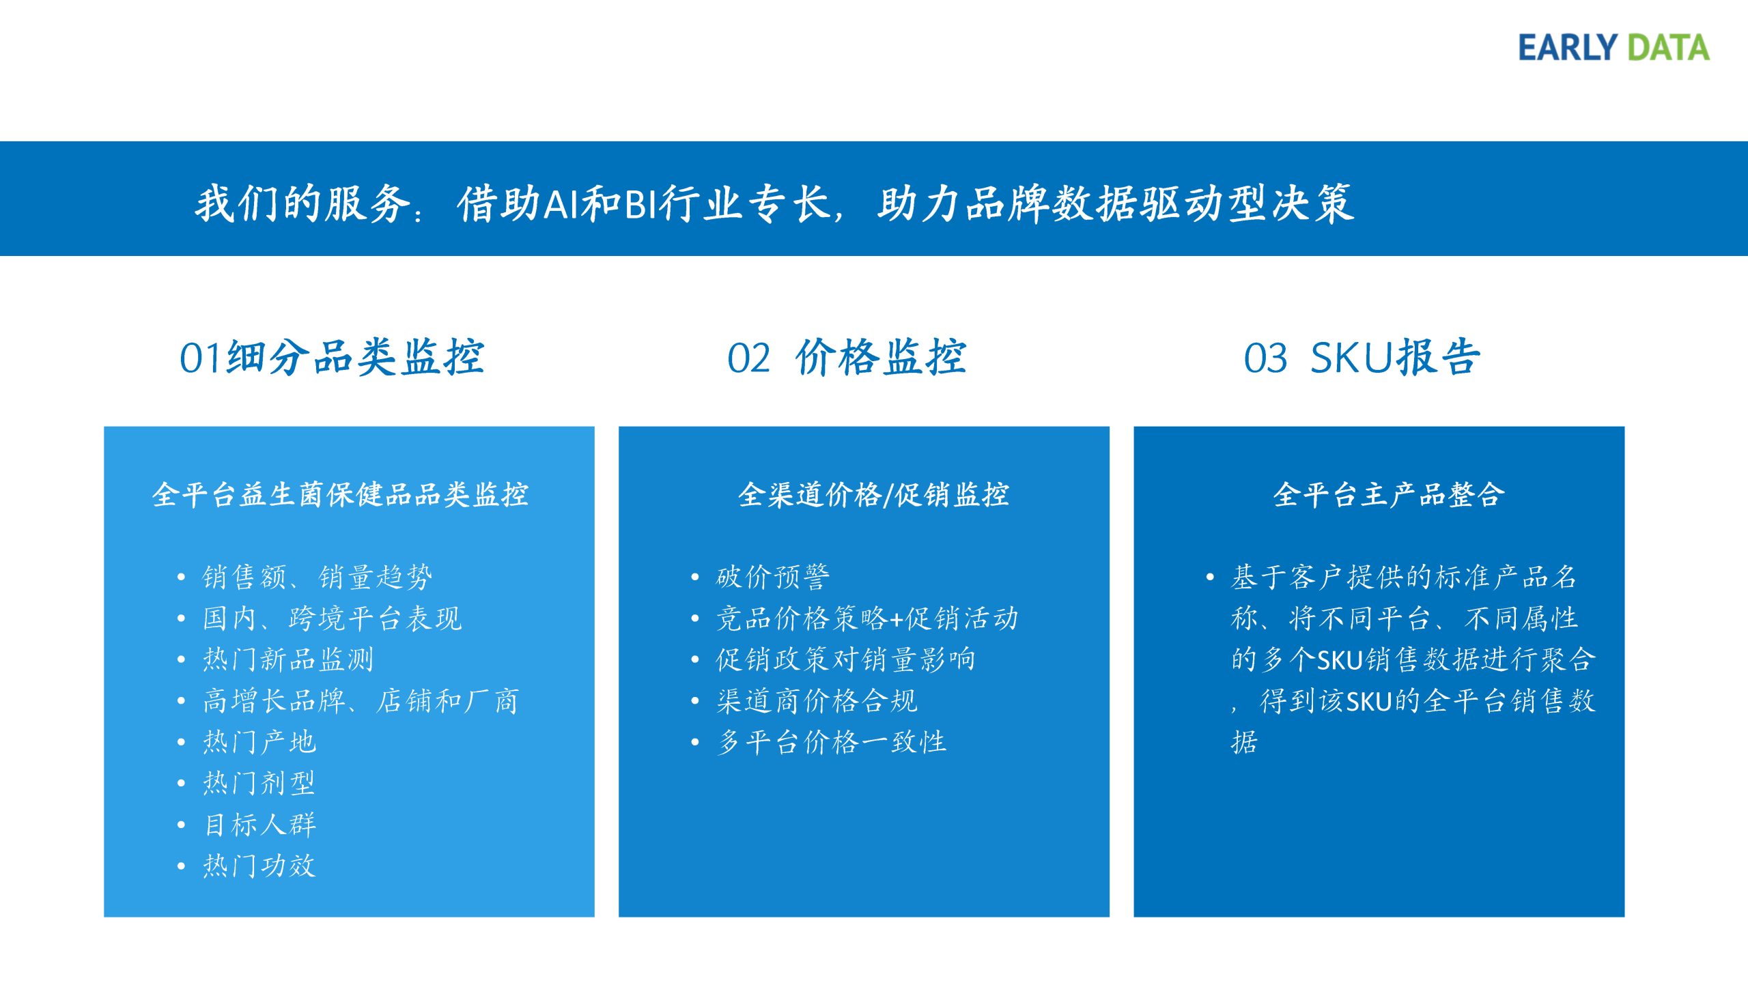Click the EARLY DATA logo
1613,48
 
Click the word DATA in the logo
1668,48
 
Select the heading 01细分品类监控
332,357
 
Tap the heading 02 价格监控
847,357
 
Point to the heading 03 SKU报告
1362,357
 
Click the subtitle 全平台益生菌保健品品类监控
340,494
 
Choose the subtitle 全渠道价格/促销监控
873,494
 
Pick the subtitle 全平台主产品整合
1389,494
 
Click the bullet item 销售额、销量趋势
318,577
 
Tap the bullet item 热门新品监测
288,659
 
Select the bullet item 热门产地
259,742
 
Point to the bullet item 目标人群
259,825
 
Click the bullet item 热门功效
259,866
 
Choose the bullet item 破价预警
773,577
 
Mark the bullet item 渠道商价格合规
817,700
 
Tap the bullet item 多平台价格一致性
831,742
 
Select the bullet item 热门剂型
259,783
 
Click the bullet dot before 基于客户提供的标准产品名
1210,578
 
